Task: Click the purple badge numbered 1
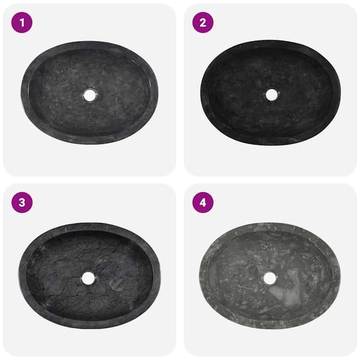22,23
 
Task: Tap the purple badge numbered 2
203,23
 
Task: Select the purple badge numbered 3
22,203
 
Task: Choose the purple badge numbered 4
203,203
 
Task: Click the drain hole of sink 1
89,95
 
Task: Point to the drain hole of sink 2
272,95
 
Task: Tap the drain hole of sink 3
88,278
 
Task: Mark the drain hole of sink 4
270,278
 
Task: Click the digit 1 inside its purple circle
22,23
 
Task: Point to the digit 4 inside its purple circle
203,203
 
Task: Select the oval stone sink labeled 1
89,93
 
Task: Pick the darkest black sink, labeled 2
271,93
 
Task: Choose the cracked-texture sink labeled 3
89,275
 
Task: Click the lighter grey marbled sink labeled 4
270,275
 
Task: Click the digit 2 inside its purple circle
203,23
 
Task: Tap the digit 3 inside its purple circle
22,203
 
